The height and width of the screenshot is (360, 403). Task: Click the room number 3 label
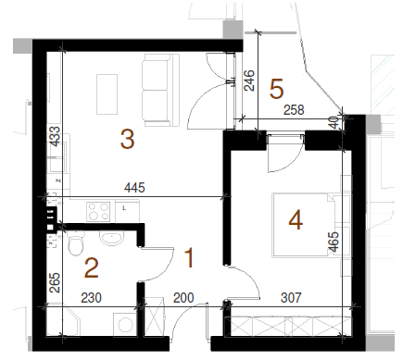click(x=127, y=139)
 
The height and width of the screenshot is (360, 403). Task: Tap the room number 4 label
click(x=296, y=220)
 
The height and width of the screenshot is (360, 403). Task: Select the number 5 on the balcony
click(x=276, y=89)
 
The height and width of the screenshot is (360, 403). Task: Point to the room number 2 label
click(x=92, y=268)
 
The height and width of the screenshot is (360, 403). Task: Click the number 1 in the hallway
click(x=189, y=258)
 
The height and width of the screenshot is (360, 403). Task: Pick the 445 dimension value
click(x=134, y=188)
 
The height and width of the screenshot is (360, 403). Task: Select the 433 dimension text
click(x=55, y=136)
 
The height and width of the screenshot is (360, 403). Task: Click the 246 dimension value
click(x=249, y=81)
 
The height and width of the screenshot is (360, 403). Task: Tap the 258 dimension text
click(x=294, y=110)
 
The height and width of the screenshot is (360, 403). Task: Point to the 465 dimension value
click(x=334, y=242)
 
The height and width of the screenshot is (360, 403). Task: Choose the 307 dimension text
click(x=291, y=298)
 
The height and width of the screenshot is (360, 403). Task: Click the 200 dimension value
click(x=183, y=298)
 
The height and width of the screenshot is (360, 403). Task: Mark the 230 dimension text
click(x=91, y=298)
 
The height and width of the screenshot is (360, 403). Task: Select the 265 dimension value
click(x=55, y=282)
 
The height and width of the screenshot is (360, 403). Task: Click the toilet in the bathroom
click(x=76, y=243)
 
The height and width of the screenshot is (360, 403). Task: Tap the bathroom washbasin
click(x=111, y=239)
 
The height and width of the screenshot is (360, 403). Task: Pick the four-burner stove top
click(x=98, y=211)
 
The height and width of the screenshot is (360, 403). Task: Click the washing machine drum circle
click(x=126, y=324)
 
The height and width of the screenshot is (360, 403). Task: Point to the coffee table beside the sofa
click(x=107, y=94)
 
